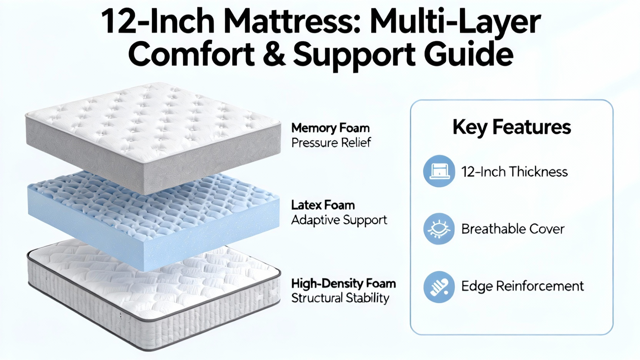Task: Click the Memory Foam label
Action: pos(330,128)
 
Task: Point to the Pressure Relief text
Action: pos(331,142)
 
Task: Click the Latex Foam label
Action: pos(323,205)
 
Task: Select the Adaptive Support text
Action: pos(339,220)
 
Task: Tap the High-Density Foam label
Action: pos(344,284)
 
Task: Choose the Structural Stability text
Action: pos(340,298)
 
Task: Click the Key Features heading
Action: pos(512,127)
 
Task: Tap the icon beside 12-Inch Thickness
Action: pos(439,171)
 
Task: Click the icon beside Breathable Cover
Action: pos(439,229)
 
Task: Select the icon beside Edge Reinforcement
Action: pos(439,287)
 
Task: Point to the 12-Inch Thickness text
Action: pos(514,172)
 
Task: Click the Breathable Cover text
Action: pos(513,229)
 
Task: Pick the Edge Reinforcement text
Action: pos(522,286)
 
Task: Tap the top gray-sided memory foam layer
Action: pos(153,134)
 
